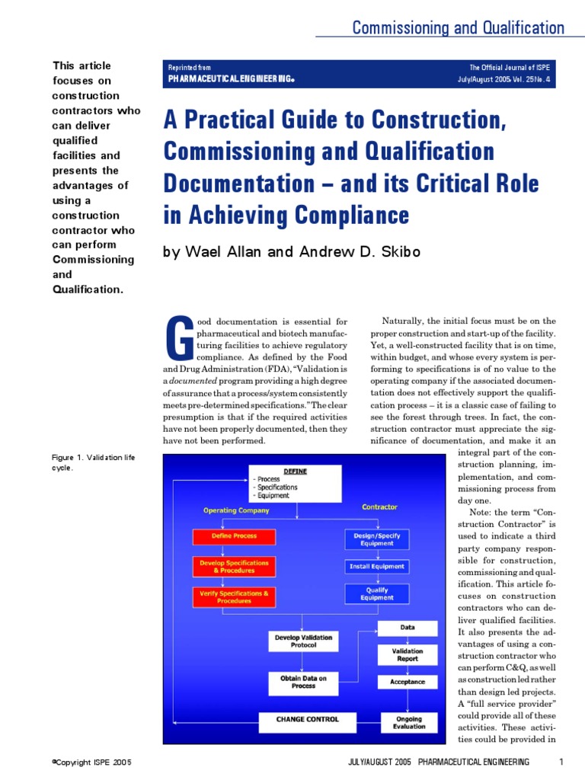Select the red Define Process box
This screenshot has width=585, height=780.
pyautogui.click(x=234, y=536)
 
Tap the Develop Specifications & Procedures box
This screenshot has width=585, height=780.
pyautogui.click(x=234, y=566)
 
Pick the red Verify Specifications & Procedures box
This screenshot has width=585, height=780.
pyautogui.click(x=234, y=596)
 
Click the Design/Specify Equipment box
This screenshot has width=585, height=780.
pyautogui.click(x=376, y=539)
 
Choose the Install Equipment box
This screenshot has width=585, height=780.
pyautogui.click(x=376, y=567)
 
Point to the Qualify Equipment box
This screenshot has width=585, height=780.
pyautogui.click(x=376, y=593)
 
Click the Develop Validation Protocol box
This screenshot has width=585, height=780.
pyautogui.click(x=303, y=641)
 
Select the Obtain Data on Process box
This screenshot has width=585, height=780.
pyautogui.click(x=303, y=682)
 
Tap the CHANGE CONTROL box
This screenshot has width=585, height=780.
pyautogui.click(x=308, y=719)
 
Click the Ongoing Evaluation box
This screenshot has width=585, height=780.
pyautogui.click(x=408, y=722)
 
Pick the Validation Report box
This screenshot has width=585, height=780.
pyautogui.click(x=408, y=655)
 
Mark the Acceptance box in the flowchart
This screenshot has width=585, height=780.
pyautogui.click(x=408, y=682)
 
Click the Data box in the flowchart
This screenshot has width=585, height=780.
pyautogui.click(x=408, y=628)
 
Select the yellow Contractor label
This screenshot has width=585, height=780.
pyautogui.click(x=379, y=507)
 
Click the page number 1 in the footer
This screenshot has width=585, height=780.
pyautogui.click(x=561, y=762)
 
